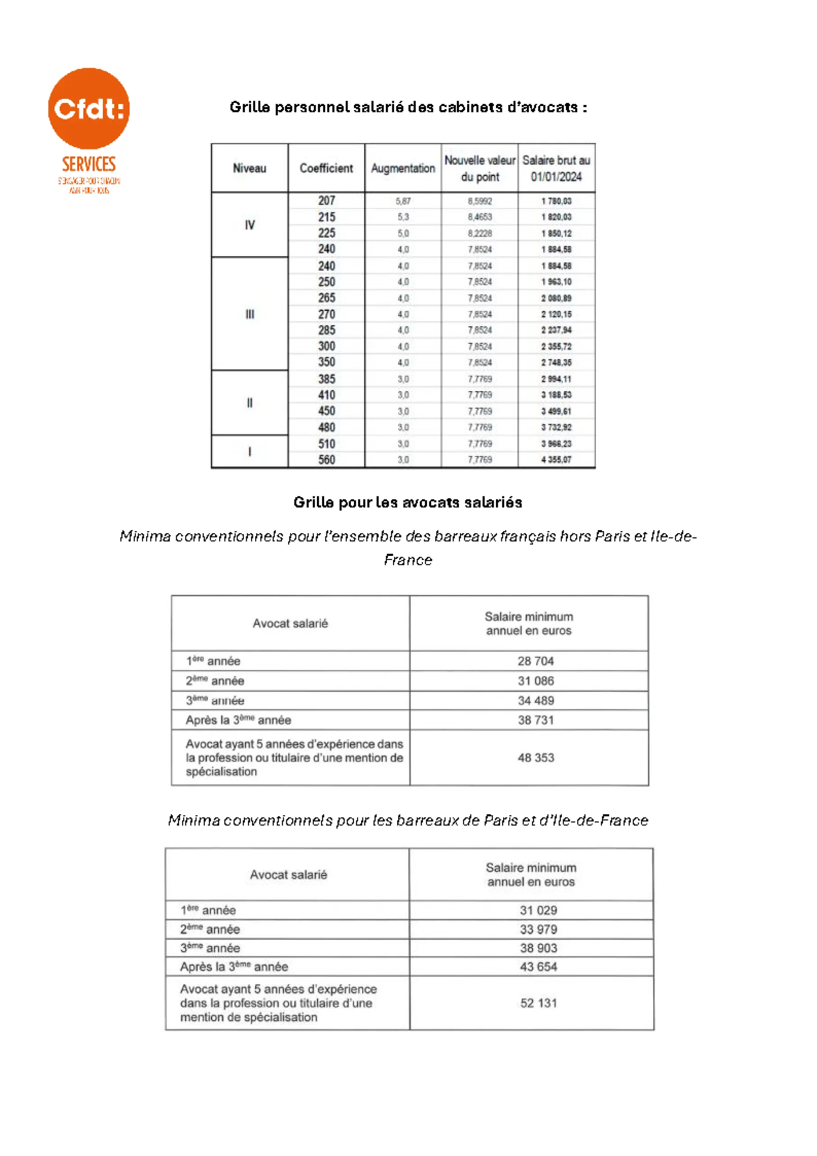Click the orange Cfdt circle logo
(x=88, y=108)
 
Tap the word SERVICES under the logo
(x=88, y=164)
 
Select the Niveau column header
(x=249, y=168)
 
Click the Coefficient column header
(x=326, y=168)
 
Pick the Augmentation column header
(x=403, y=168)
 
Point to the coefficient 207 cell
(x=326, y=200)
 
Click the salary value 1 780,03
(x=556, y=201)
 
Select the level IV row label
(x=249, y=225)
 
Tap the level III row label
(x=249, y=314)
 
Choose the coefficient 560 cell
(x=326, y=460)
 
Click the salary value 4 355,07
(x=556, y=460)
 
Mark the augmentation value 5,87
(x=403, y=201)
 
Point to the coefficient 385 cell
(x=326, y=379)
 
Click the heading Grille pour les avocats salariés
(x=408, y=502)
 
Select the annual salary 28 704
(x=536, y=661)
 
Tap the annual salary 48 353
(x=536, y=758)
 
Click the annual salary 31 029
(x=538, y=910)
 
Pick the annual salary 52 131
(x=538, y=1003)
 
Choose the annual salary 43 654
(x=538, y=966)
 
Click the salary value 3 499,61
(x=556, y=412)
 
